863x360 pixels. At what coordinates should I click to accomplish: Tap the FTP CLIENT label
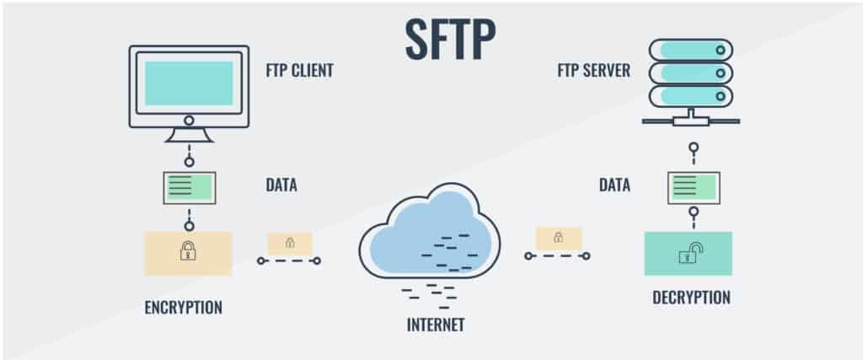click(x=298, y=71)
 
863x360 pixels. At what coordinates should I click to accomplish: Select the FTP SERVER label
click(x=593, y=71)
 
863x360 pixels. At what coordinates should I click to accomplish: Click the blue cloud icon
click(x=429, y=231)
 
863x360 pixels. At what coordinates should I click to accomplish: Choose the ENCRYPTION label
click(x=184, y=307)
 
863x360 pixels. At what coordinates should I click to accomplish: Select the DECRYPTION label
click(x=691, y=297)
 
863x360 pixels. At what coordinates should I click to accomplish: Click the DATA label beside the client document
click(x=281, y=185)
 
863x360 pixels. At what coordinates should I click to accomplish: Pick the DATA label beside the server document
click(x=615, y=185)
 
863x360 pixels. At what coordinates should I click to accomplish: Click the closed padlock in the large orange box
click(x=188, y=251)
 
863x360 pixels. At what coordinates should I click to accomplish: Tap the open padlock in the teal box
click(x=689, y=252)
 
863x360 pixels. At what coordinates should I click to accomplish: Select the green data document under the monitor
click(x=189, y=187)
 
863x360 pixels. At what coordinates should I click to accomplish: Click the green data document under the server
click(x=694, y=187)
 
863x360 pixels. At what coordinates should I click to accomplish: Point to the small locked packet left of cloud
click(x=289, y=244)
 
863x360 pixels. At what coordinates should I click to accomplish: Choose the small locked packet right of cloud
click(x=558, y=239)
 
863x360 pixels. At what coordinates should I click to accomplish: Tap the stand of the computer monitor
click(x=189, y=133)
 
